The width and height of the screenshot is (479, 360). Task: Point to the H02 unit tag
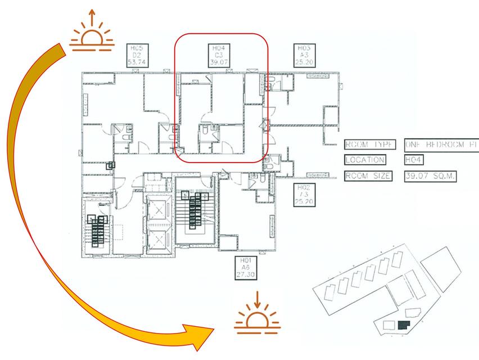[x=304, y=195]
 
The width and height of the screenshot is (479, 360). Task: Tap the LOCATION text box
[x=365, y=160]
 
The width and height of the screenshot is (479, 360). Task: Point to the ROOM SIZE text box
[x=369, y=176]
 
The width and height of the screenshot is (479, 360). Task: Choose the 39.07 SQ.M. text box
[x=430, y=176]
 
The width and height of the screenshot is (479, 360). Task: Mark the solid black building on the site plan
[x=403, y=325]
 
